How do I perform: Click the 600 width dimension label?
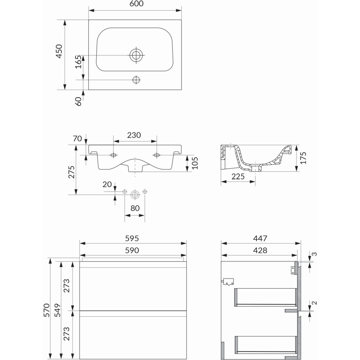[x=136, y=4]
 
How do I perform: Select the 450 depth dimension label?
[x=59, y=51]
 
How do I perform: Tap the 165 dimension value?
[x=79, y=62]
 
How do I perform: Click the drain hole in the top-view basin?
[x=136, y=55]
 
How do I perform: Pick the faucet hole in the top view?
[x=136, y=80]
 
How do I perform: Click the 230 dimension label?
[x=134, y=135]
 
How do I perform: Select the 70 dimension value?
[x=77, y=138]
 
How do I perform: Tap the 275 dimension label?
[x=72, y=172]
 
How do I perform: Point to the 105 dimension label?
[x=195, y=163]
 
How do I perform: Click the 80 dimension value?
[x=135, y=208]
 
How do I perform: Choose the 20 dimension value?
[x=107, y=184]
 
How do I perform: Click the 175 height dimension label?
[x=303, y=158]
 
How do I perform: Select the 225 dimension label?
[x=238, y=176]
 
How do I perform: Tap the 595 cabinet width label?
[x=132, y=238]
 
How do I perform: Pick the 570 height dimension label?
[x=46, y=310]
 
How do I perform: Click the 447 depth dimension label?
[x=260, y=238]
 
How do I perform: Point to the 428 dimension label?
[x=260, y=250]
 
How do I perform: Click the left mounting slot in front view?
[x=113, y=155]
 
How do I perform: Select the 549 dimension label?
[x=58, y=310]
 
